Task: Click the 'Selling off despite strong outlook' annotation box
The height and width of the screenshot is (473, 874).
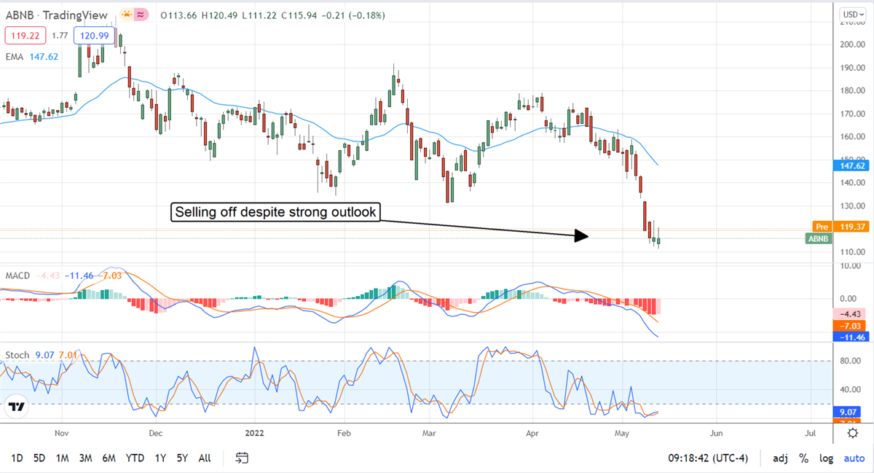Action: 276,212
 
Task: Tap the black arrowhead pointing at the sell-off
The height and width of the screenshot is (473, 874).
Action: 580,235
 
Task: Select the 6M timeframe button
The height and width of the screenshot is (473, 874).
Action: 109,458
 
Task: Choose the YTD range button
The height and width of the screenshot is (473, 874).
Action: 135,458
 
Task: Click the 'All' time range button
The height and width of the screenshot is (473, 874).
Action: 204,458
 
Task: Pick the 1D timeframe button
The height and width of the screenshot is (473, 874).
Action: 17,458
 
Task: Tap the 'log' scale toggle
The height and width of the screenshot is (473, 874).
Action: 826,458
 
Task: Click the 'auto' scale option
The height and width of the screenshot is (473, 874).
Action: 854,458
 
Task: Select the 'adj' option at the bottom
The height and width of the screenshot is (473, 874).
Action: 780,458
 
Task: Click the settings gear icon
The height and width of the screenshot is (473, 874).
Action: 852,433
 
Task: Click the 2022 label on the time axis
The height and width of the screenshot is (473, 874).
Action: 256,433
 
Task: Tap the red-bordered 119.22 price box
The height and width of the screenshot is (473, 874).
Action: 25,34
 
